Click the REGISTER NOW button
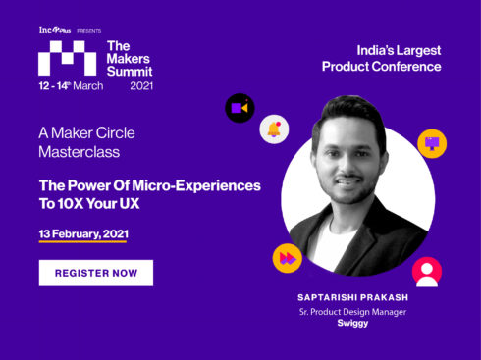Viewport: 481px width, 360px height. point(95,272)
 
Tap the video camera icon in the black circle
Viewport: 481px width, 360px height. point(240,106)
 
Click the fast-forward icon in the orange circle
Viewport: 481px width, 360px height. point(287,258)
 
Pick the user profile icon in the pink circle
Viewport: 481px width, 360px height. point(426,271)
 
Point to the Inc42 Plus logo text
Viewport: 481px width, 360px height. point(54,30)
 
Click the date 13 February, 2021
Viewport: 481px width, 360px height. point(83,235)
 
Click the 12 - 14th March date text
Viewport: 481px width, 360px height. point(70,86)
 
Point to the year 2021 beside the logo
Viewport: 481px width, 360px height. point(141,86)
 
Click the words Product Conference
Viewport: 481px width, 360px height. point(382,67)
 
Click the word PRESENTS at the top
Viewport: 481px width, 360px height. point(89,30)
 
